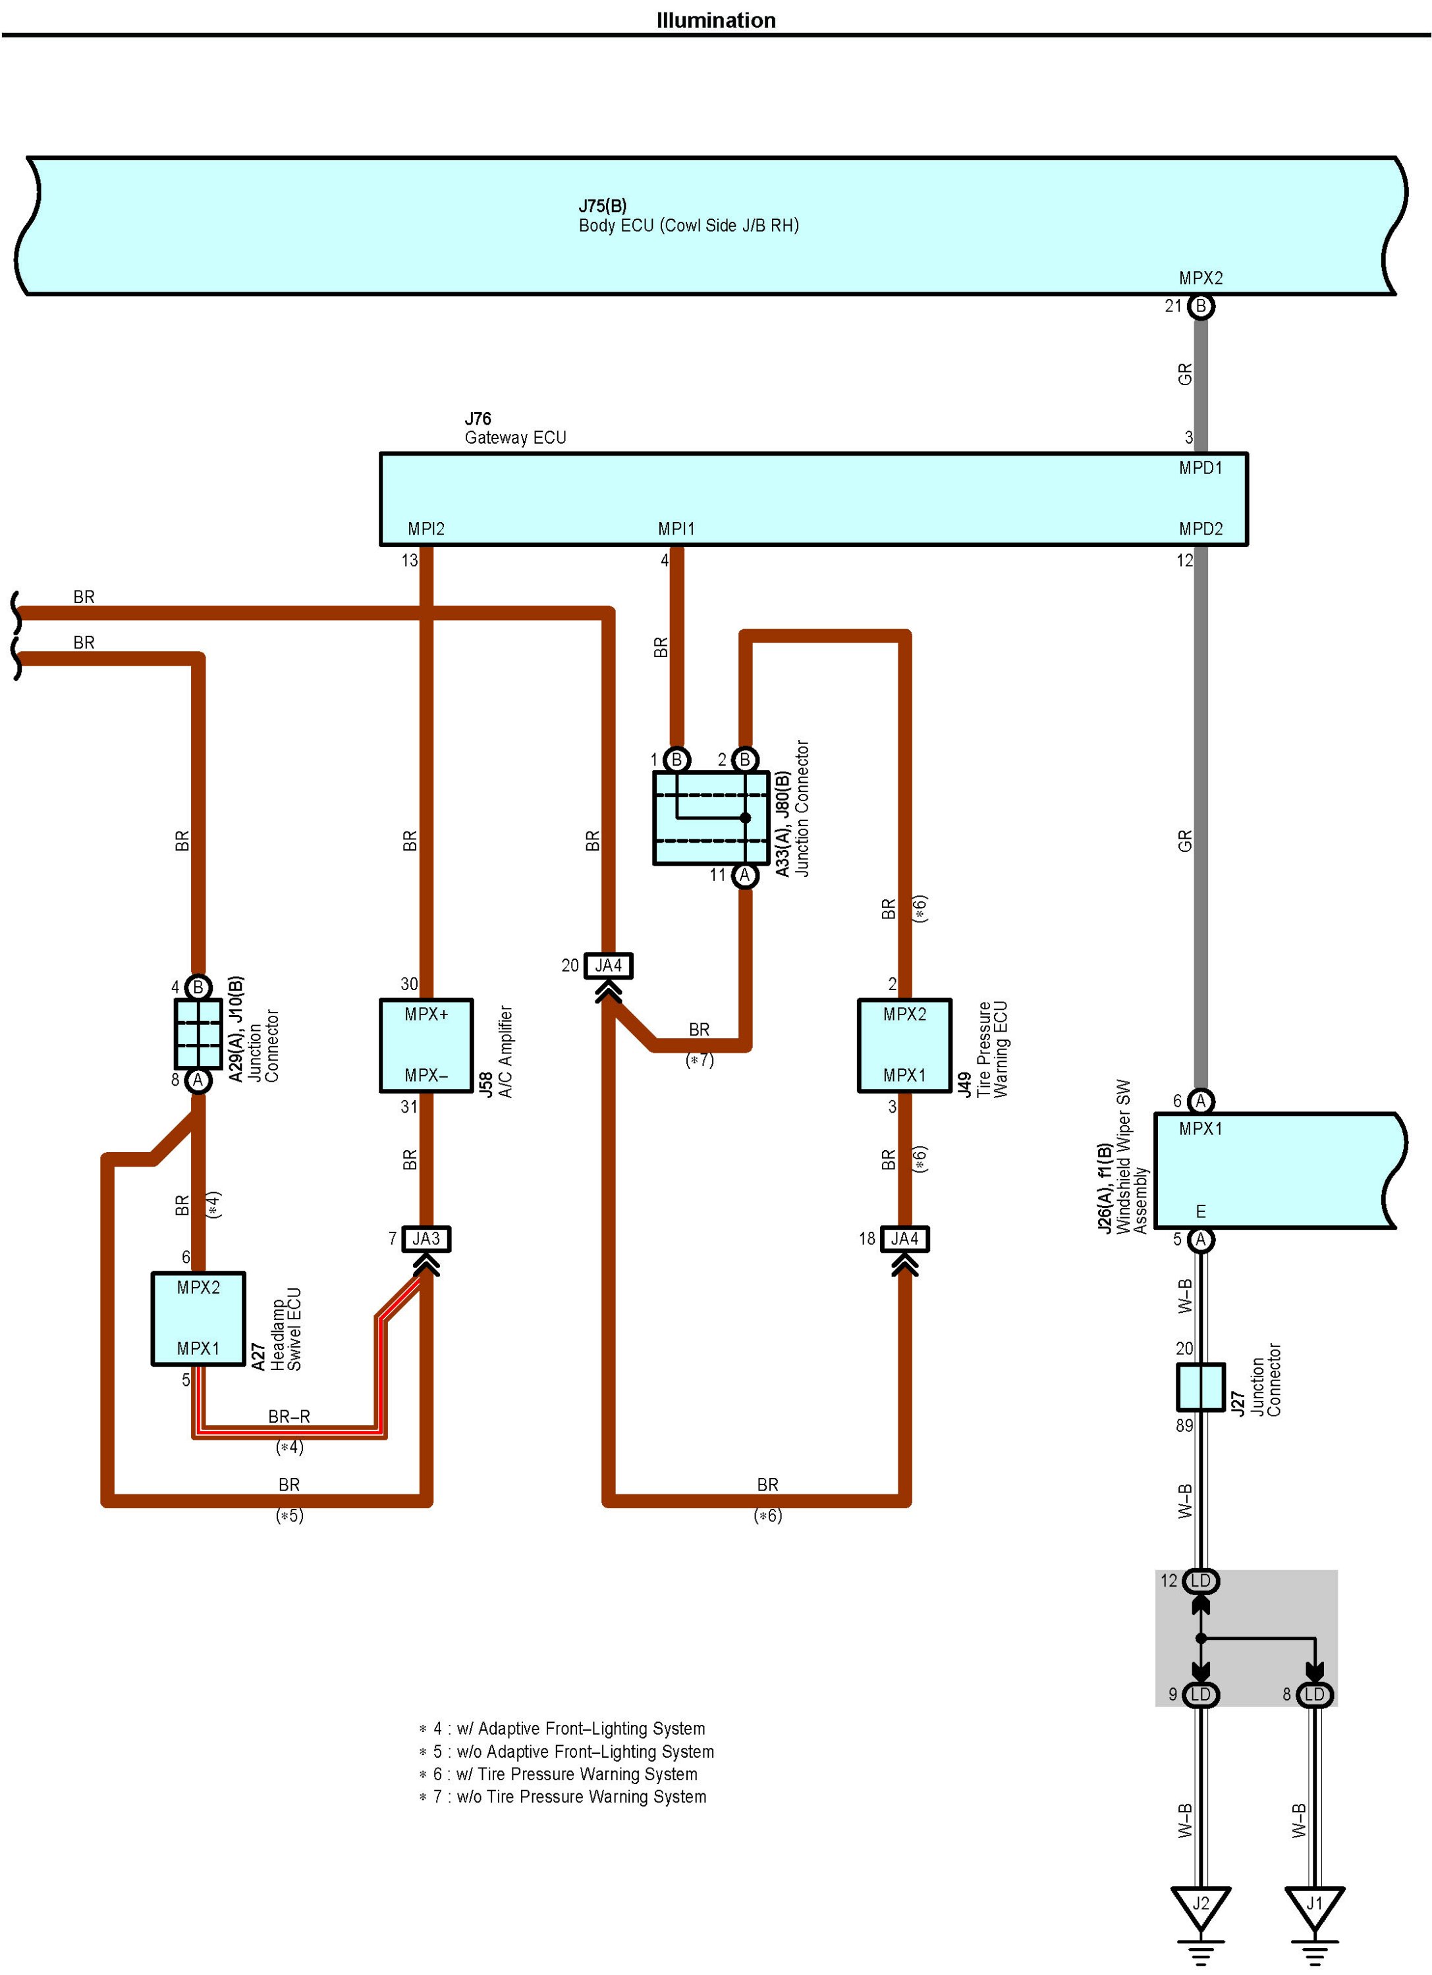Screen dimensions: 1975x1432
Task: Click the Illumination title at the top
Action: click(x=715, y=20)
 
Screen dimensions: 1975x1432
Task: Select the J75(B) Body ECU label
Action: click(x=688, y=215)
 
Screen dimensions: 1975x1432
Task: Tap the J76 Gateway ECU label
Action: click(x=515, y=429)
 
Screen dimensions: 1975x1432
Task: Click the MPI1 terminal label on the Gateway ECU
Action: click(x=676, y=529)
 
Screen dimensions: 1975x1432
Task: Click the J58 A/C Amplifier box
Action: click(x=426, y=1045)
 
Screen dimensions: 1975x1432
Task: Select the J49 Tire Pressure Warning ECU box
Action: click(x=904, y=1045)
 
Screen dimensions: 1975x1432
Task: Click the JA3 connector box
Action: click(x=426, y=1238)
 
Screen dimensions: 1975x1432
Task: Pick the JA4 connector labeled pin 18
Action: click(x=904, y=1238)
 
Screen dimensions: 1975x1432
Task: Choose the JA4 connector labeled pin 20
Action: click(x=608, y=965)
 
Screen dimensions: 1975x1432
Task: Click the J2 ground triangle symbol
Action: click(x=1200, y=1905)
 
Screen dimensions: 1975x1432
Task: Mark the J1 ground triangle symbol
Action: click(x=1314, y=1905)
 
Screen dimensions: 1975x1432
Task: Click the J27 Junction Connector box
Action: click(x=1200, y=1387)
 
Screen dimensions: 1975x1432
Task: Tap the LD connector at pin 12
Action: click(x=1200, y=1581)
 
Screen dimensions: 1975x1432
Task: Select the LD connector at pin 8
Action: click(x=1314, y=1695)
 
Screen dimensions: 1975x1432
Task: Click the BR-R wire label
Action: click(x=289, y=1417)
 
